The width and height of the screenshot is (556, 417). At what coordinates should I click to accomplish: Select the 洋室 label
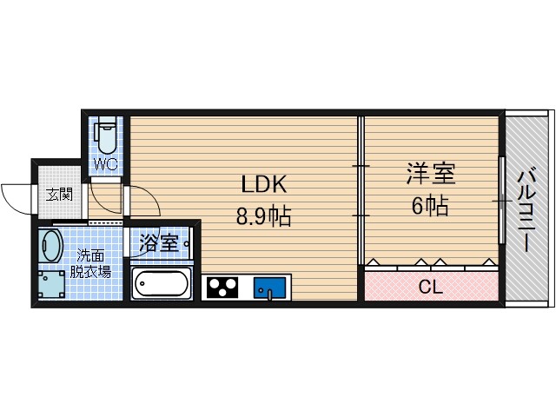coord(431,174)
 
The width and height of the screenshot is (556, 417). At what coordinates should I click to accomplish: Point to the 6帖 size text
coord(429,206)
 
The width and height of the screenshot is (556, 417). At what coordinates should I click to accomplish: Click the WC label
coord(105,163)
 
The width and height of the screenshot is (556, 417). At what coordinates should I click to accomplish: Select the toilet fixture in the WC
coord(106,136)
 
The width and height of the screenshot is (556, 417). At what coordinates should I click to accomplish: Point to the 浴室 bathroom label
coord(159,243)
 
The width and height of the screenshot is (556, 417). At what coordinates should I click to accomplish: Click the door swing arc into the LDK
coord(143,204)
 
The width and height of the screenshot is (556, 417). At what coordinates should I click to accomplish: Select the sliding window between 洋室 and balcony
coord(500,201)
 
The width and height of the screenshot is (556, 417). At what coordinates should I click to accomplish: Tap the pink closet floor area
coord(382,288)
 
